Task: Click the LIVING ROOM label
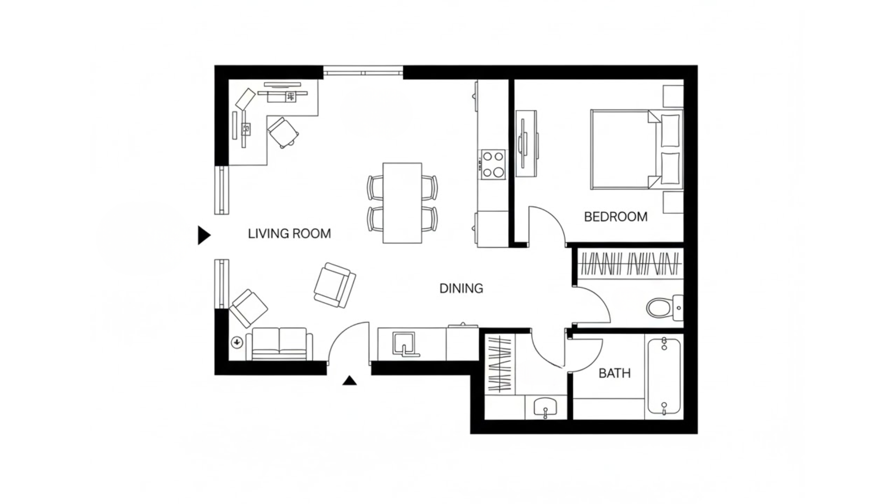289,233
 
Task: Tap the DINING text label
461,288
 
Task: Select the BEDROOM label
615,217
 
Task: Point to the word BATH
614,373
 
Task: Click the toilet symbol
662,308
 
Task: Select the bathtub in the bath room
664,377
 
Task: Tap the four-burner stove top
493,164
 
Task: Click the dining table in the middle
402,203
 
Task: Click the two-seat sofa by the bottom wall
279,344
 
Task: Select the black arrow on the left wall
204,235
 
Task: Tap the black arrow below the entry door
349,381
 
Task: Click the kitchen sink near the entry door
404,344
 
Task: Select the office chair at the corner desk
282,132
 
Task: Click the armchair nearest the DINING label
334,285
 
